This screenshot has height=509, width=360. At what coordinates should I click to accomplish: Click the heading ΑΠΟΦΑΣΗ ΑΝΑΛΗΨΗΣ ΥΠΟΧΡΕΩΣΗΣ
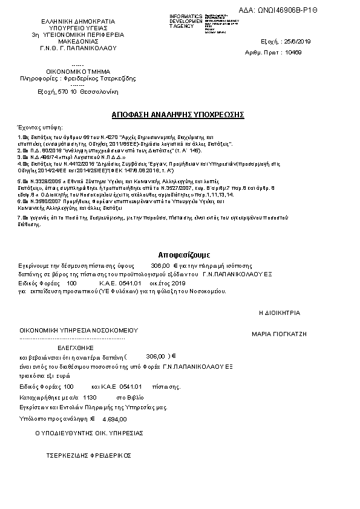click(x=178, y=114)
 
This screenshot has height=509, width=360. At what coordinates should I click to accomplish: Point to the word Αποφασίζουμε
click(x=180, y=254)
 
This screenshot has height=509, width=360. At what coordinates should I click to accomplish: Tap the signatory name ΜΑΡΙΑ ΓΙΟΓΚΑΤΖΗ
click(x=279, y=333)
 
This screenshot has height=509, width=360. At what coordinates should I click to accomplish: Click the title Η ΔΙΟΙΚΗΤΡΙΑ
click(x=279, y=313)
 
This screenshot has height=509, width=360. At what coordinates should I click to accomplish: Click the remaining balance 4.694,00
click(x=115, y=419)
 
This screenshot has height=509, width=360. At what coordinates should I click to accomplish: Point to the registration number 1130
click(x=90, y=398)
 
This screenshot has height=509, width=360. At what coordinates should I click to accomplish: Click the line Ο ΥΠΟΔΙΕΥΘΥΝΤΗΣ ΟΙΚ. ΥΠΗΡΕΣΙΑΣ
click(x=89, y=433)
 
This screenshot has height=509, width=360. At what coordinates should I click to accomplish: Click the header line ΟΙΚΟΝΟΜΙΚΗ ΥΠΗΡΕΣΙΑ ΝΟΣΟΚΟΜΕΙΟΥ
click(x=79, y=331)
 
